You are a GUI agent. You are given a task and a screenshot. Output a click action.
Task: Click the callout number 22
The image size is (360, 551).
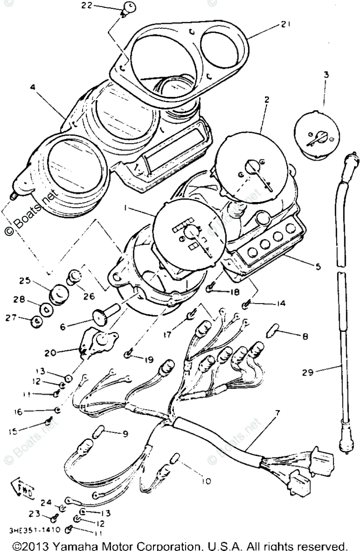point(87,6)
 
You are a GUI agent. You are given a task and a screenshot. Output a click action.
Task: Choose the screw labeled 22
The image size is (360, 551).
point(129,8)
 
